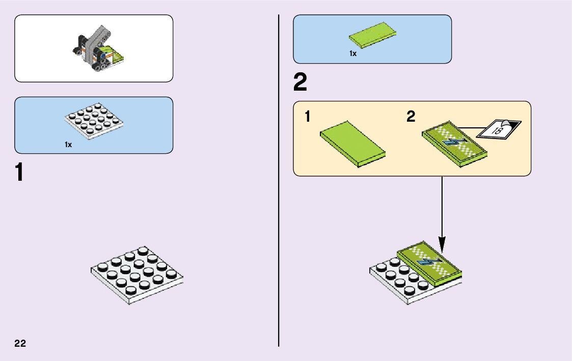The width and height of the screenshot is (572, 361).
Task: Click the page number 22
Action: coord(20,343)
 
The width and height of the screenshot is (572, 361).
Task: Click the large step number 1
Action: coord(19,172)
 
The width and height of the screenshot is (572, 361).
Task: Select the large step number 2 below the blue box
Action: coord(301,83)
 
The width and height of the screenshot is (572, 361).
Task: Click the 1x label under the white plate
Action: coord(68,145)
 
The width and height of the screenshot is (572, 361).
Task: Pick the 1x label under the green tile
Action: coord(352,53)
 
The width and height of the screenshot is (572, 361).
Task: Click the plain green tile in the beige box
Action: coord(352,144)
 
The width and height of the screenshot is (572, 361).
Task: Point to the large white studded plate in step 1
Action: coord(137,275)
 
